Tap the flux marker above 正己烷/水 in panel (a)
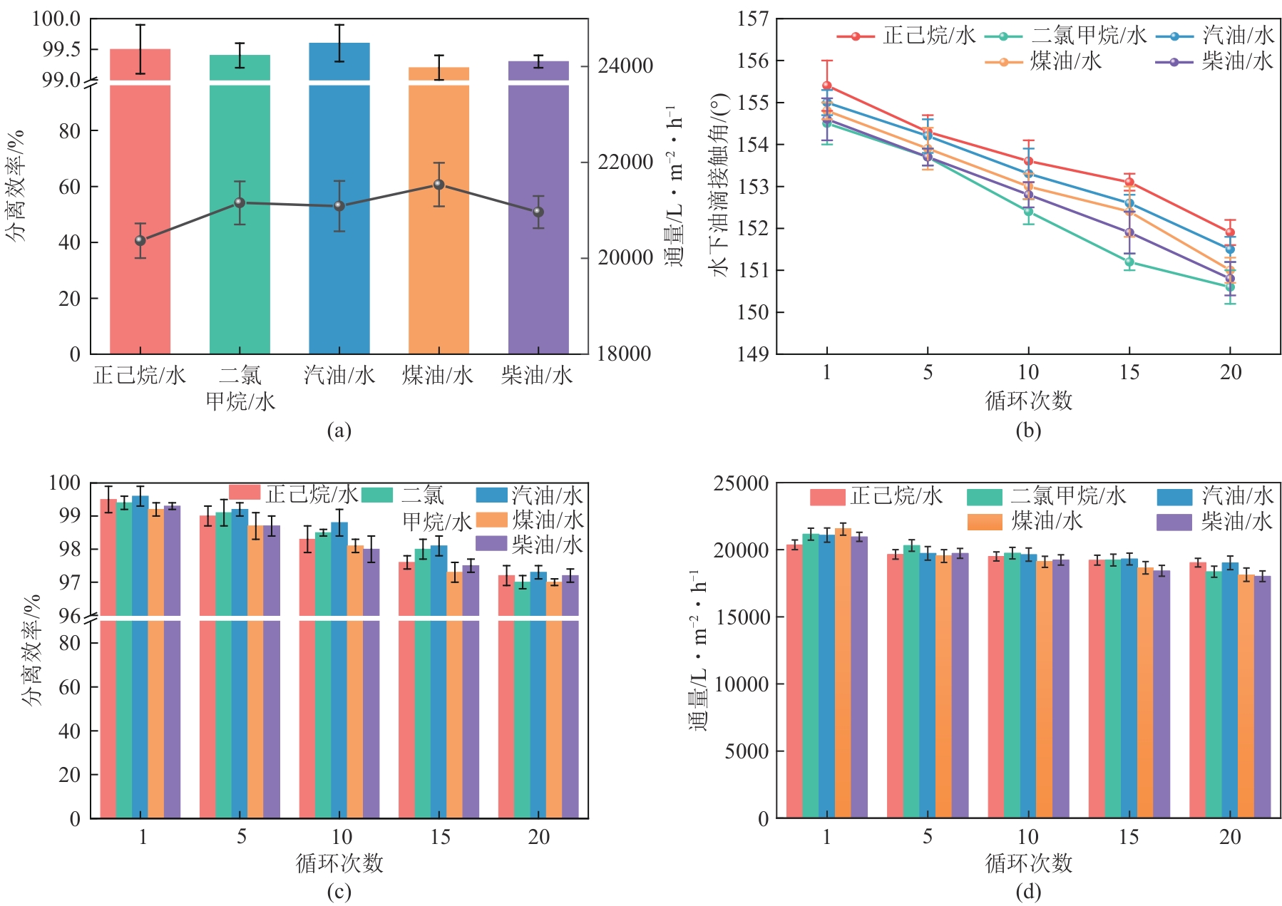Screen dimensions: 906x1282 click(140, 241)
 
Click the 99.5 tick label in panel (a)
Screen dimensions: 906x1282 click(61, 49)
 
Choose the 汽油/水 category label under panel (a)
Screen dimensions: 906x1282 click(339, 376)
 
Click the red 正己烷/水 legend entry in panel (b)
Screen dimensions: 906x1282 click(906, 36)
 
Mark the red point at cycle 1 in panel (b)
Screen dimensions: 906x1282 click(827, 86)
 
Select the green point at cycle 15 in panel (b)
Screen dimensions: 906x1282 click(1129, 262)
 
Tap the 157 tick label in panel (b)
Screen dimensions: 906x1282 click(753, 19)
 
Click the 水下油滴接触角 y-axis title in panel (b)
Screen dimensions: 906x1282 click(719, 185)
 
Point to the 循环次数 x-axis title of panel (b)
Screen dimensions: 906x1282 click(1028, 401)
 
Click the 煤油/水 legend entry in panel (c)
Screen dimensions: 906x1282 click(530, 520)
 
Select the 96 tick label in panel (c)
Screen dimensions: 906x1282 click(68, 615)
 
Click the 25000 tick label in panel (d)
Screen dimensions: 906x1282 click(742, 484)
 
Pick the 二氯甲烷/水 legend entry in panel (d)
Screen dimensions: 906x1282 click(1046, 496)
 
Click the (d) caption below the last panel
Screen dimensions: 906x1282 click(1028, 892)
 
